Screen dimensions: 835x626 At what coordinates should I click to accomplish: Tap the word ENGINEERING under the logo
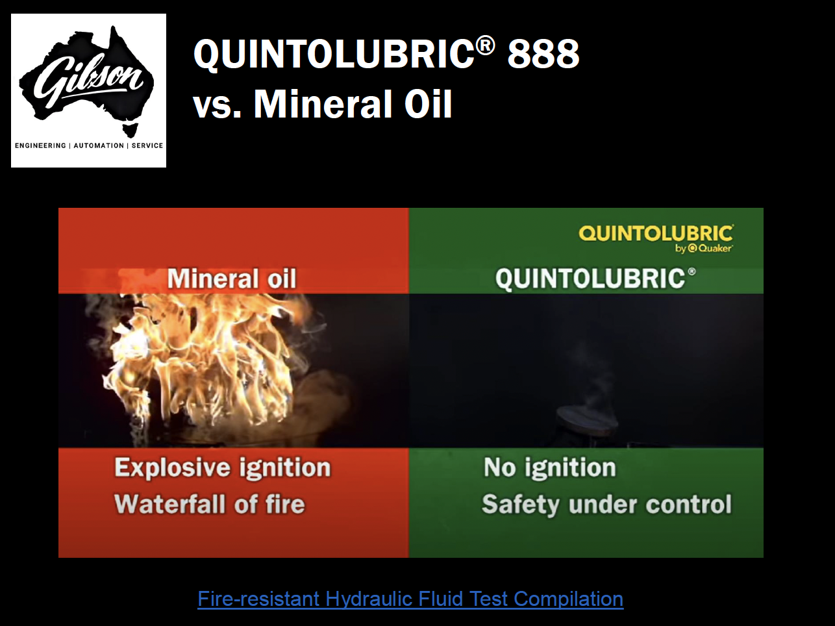tap(40, 145)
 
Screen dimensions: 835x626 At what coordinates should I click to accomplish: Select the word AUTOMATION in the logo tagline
tap(99, 145)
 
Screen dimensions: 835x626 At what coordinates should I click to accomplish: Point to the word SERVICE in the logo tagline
tap(147, 145)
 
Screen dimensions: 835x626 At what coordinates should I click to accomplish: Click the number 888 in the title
tap(543, 54)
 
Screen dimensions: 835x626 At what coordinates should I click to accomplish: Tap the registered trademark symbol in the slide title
tap(486, 45)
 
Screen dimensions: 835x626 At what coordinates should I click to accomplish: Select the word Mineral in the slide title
tap(322, 104)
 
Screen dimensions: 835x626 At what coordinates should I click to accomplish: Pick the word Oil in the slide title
tap(428, 104)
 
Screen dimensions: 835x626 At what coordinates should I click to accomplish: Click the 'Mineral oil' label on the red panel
tap(231, 279)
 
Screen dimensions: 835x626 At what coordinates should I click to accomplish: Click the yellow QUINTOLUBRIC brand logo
tap(656, 233)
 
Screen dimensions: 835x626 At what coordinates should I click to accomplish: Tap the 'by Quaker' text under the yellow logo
tap(704, 248)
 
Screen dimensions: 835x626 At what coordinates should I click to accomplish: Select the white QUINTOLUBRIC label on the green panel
tap(595, 279)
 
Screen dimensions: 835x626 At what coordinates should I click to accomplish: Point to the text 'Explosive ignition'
tap(223, 467)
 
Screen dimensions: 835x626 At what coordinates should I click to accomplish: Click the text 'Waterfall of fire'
tap(210, 504)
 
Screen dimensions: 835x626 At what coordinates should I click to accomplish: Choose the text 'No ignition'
tap(550, 467)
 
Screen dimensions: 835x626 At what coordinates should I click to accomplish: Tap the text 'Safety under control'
tap(606, 505)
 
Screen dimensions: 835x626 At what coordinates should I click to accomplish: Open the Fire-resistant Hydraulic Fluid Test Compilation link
tap(410, 599)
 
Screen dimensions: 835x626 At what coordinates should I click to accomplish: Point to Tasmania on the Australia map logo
tap(130, 130)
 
